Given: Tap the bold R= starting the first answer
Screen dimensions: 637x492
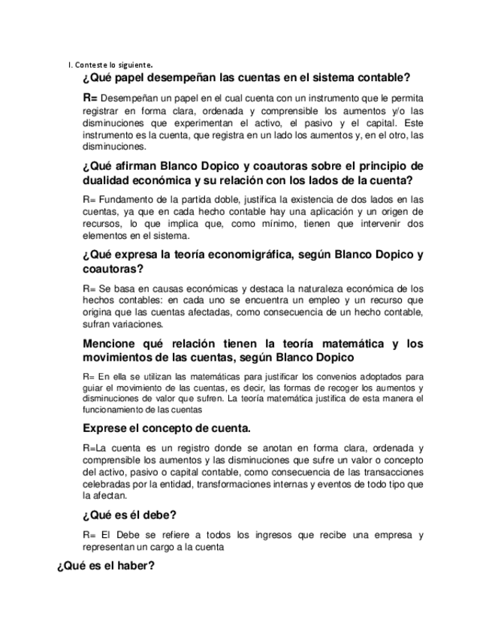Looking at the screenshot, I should pos(90,98).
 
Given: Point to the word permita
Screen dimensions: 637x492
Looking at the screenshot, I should pos(406,98).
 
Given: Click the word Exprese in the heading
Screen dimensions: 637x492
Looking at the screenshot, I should pos(106,428).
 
